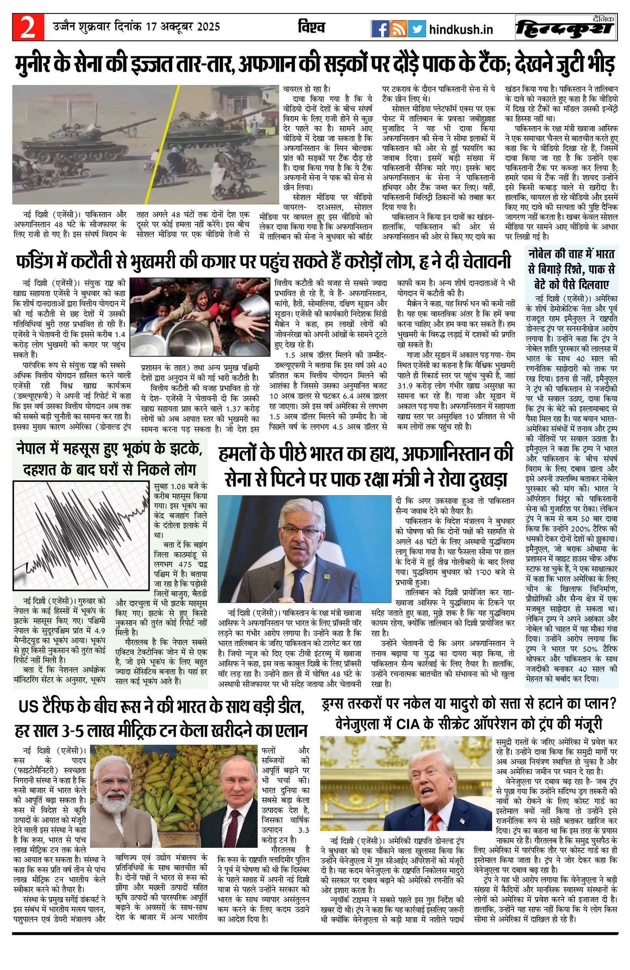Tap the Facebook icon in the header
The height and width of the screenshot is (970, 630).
click(380, 29)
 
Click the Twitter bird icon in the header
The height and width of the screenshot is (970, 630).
click(417, 29)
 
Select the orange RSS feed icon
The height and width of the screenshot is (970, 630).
click(398, 29)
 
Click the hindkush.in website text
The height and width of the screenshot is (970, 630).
click(461, 29)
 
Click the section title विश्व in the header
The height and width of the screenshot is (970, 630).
click(311, 27)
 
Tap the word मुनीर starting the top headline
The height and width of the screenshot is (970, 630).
click(37, 65)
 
